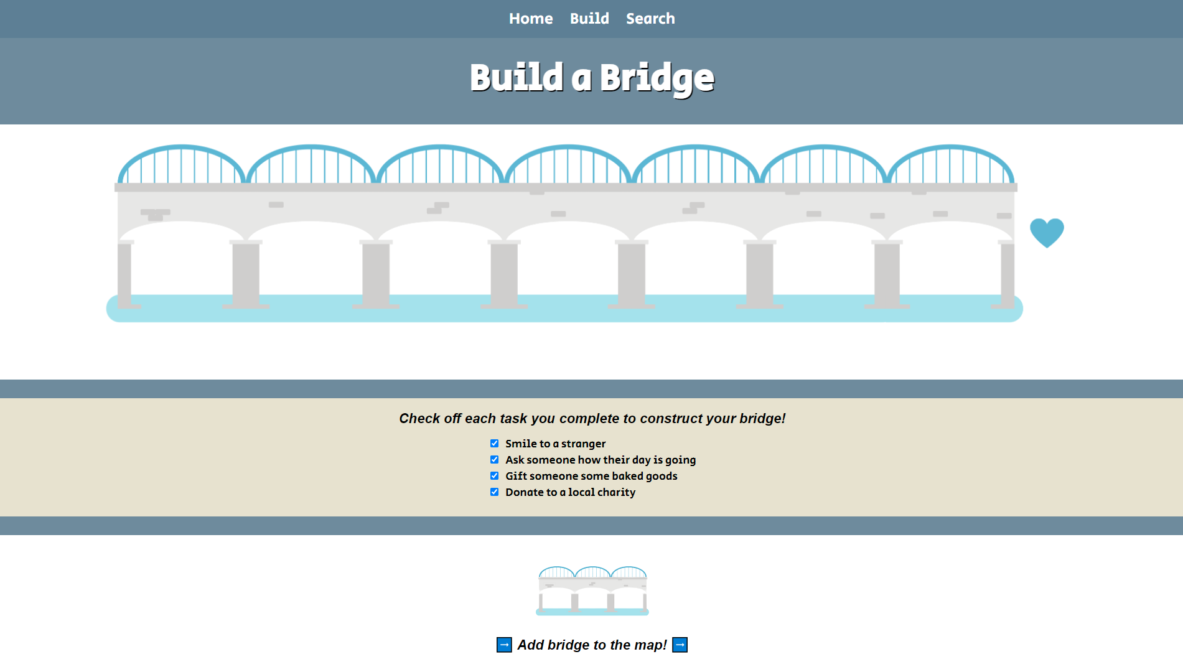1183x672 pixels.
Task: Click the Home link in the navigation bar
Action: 530,19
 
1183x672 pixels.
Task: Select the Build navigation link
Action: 589,19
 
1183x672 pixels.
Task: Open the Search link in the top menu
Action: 650,19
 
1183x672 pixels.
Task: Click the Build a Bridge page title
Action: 592,78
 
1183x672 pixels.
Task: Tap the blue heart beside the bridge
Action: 1047,232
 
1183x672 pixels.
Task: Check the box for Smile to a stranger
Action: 495,444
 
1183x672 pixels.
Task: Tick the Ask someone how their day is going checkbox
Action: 495,460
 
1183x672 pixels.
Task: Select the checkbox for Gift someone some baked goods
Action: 495,476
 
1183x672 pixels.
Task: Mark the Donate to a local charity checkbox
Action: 495,492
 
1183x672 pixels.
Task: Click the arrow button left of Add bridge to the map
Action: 504,645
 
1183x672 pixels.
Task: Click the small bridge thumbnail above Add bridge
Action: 592,590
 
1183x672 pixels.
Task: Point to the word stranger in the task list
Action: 583,444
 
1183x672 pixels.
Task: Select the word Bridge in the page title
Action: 657,78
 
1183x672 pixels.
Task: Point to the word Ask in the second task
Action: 515,460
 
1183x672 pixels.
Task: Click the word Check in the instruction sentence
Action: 419,419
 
